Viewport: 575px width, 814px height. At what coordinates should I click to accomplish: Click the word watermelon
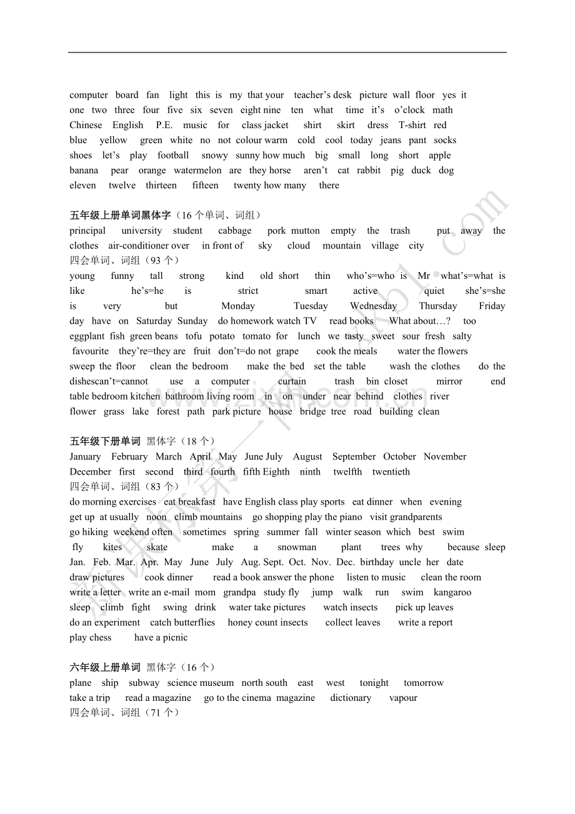[x=197, y=170]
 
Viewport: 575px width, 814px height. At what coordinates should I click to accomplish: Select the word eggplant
[x=87, y=336]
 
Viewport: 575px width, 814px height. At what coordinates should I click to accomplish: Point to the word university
[x=142, y=231]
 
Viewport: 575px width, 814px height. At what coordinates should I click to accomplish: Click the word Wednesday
[x=373, y=306]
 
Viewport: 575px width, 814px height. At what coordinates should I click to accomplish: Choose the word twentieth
[x=391, y=471]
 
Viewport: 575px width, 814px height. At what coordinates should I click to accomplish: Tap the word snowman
[x=297, y=547]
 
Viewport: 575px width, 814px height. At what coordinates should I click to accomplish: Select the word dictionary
[x=351, y=698]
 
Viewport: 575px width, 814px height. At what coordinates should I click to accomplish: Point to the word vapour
[x=403, y=698]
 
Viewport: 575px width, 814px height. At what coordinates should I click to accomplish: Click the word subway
[x=144, y=683]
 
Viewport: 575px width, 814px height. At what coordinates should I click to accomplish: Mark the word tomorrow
[x=423, y=683]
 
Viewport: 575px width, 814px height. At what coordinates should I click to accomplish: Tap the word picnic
[x=174, y=637]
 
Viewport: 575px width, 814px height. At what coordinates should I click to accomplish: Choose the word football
[x=173, y=155]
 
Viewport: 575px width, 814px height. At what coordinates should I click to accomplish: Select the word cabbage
[x=235, y=231]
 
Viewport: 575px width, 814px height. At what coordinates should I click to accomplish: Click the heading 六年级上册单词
[x=105, y=668]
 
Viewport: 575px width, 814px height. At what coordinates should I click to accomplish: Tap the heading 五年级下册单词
[x=105, y=441]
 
